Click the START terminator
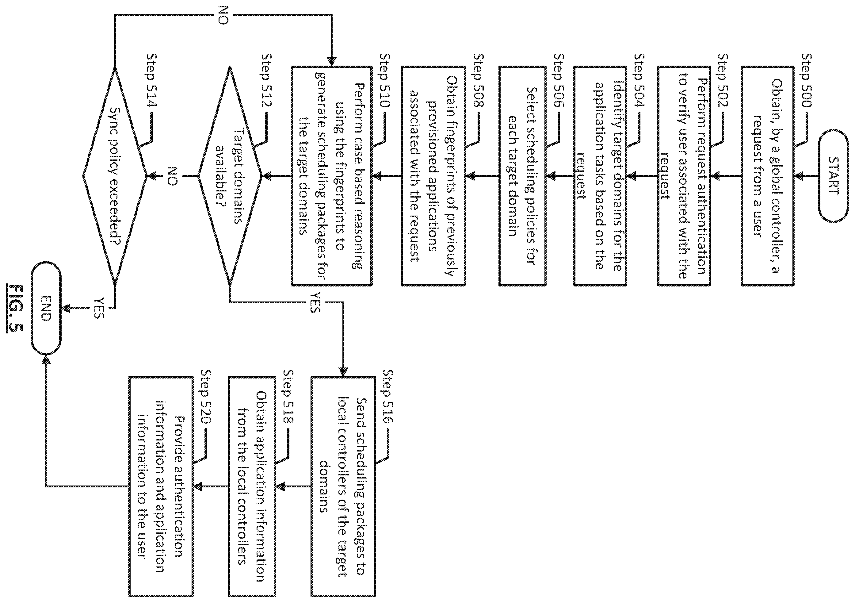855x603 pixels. click(x=834, y=176)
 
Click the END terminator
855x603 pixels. click(x=45, y=308)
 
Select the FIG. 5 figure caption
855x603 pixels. click(x=15, y=308)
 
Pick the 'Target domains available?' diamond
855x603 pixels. click(x=230, y=176)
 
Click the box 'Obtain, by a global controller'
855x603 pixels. click(x=768, y=176)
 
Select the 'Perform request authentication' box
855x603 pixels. click(x=684, y=176)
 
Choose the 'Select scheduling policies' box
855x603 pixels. click(x=522, y=176)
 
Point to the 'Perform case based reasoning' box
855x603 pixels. click(x=331, y=176)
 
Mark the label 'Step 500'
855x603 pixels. click(x=806, y=80)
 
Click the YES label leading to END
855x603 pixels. click(x=98, y=308)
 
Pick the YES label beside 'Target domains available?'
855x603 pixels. click(x=315, y=302)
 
